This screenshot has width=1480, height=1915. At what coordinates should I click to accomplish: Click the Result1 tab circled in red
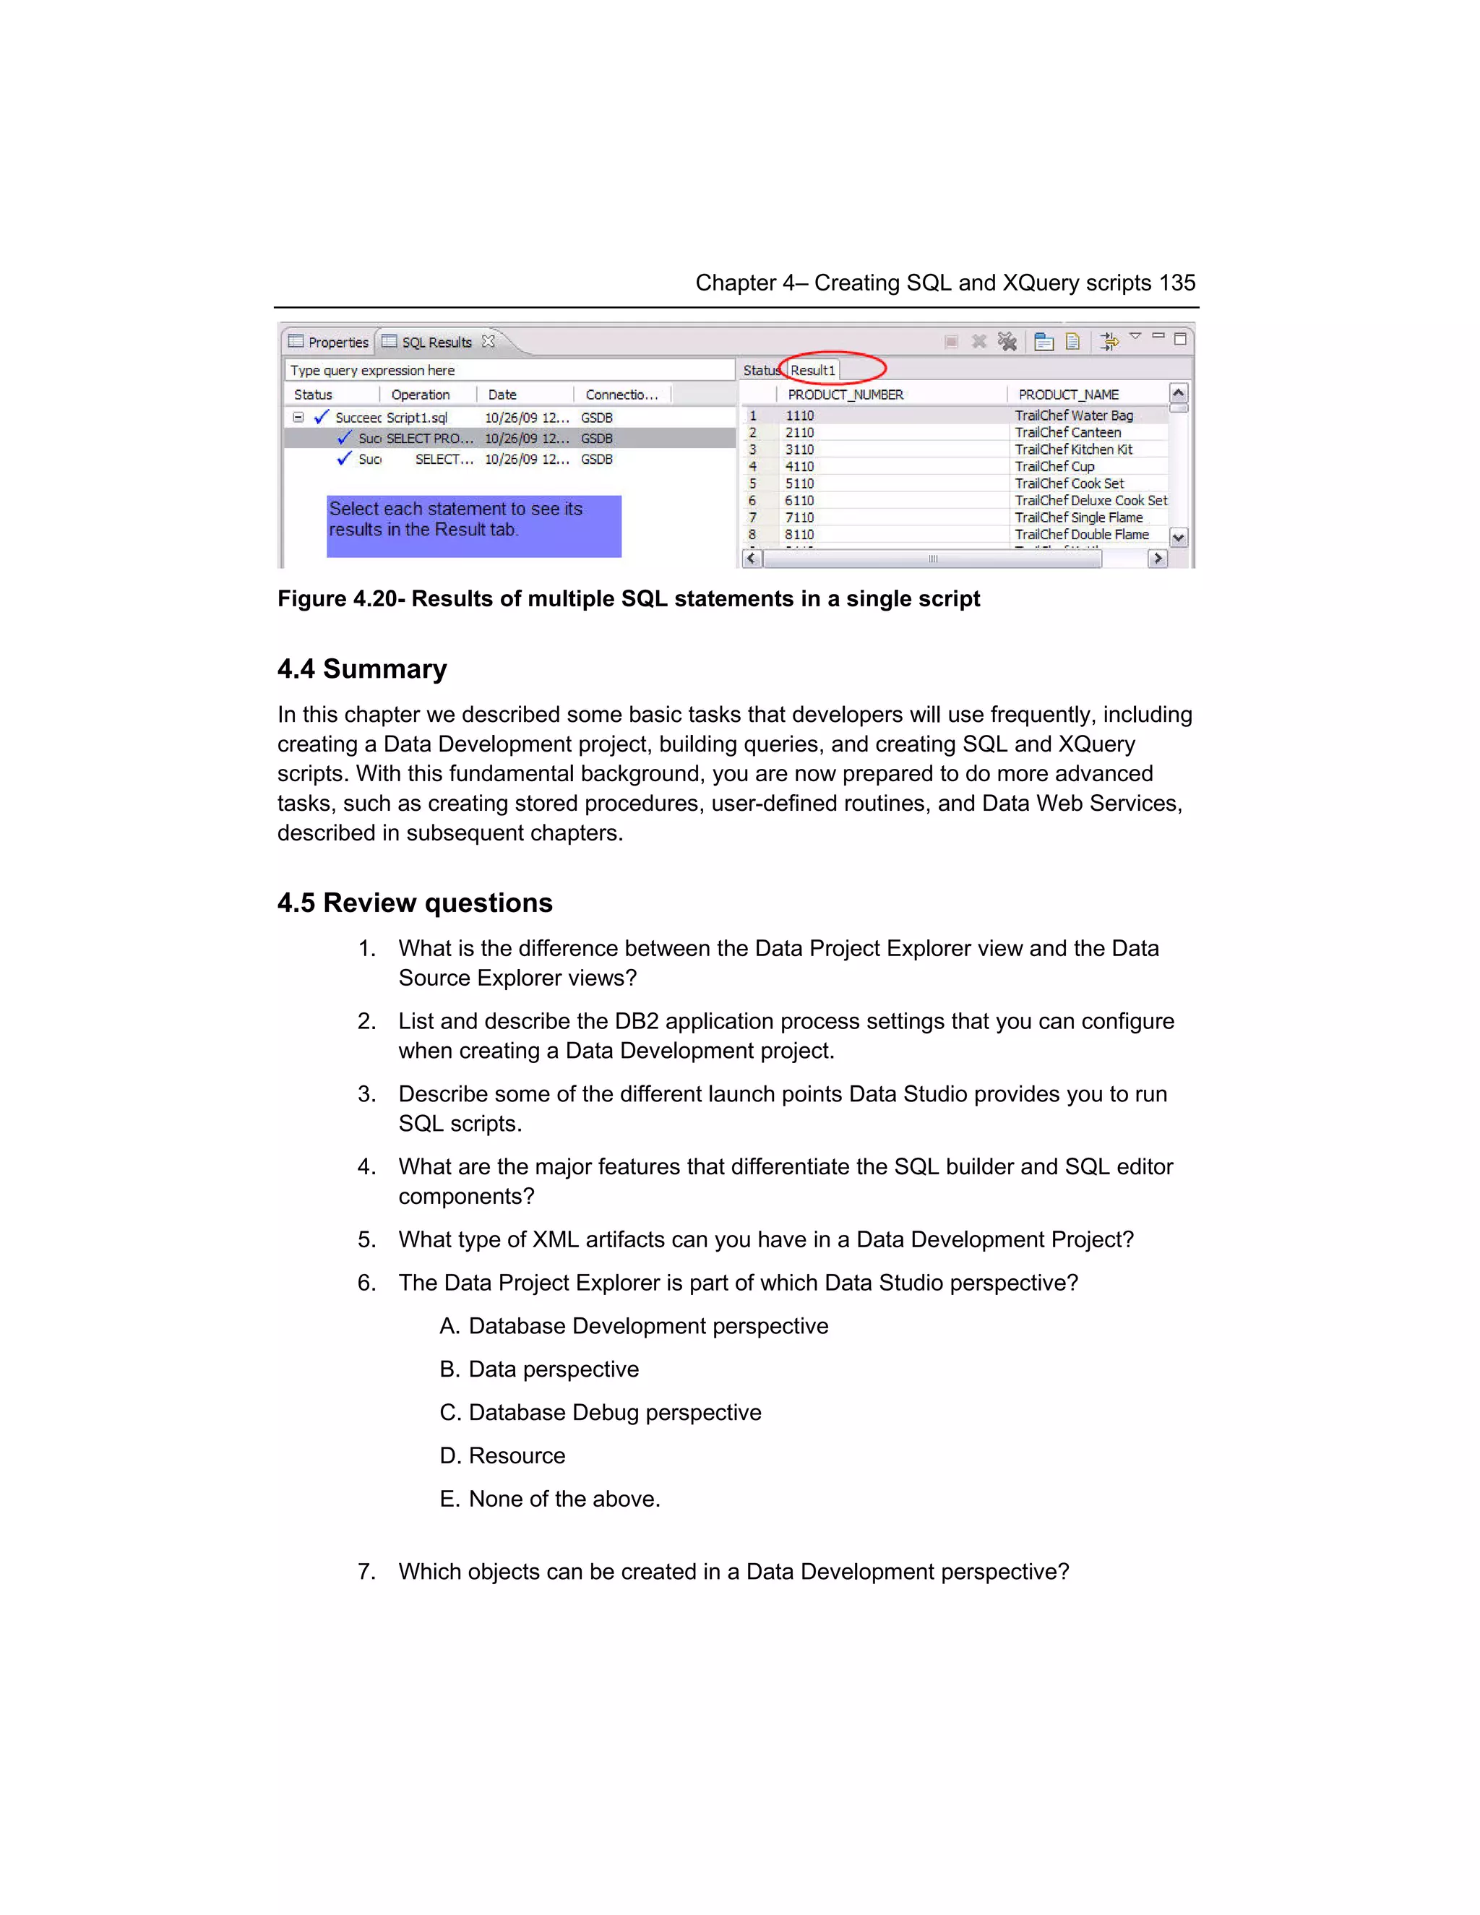coord(813,370)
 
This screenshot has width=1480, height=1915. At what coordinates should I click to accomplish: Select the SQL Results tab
coord(436,342)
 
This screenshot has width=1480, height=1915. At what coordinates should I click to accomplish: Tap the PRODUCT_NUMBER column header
coord(846,395)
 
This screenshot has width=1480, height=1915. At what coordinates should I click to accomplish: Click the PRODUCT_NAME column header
coord(1068,395)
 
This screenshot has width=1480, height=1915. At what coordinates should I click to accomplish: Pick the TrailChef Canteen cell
coord(1067,432)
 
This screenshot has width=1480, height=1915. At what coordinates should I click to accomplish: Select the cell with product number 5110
coord(799,483)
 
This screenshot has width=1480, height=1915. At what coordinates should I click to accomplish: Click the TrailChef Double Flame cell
coord(1081,534)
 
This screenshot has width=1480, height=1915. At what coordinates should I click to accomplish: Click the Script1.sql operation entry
coord(416,418)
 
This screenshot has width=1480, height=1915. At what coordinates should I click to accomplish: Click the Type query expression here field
coord(509,370)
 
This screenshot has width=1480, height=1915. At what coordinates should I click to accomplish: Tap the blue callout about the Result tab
coord(473,525)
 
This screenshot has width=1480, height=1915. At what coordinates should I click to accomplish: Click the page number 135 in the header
coord(1176,283)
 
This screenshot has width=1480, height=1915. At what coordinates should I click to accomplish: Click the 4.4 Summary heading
coord(362,669)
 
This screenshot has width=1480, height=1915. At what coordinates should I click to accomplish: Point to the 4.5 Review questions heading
coord(415,903)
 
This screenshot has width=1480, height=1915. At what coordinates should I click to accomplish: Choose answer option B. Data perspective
coord(539,1369)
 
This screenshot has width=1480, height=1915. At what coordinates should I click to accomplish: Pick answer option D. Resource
coord(502,1455)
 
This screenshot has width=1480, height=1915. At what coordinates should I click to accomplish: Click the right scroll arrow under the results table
coord(1158,559)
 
